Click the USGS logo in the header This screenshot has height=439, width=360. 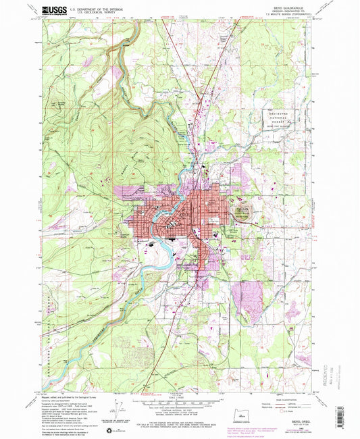pyautogui.click(x=53, y=9)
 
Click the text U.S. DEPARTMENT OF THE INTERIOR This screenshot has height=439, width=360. pyautogui.click(x=97, y=7)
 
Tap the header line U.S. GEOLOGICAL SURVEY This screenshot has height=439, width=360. pyautogui.click(x=97, y=11)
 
